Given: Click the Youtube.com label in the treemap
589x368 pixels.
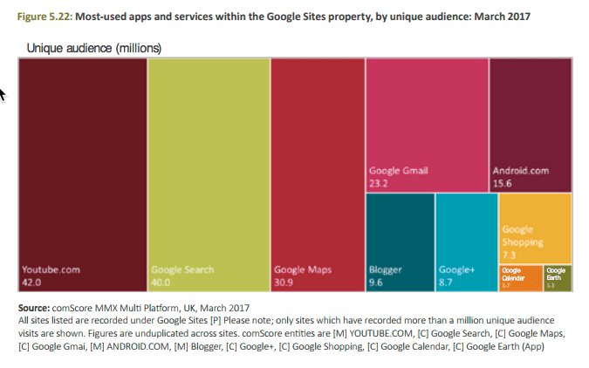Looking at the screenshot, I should tap(51, 270).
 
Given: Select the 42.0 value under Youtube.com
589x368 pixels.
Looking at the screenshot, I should tap(32, 283).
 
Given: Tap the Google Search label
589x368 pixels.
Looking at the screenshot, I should tap(182, 270).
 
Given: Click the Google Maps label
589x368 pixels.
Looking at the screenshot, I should tap(303, 270).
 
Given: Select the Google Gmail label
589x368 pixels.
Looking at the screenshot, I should tap(399, 171).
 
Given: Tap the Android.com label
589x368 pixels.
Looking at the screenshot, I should tap(521, 171).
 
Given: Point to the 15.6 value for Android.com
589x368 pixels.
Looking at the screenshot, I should tap(503, 183).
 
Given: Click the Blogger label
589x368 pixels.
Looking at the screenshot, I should tap(386, 270).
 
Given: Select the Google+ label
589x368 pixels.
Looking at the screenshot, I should tap(456, 270).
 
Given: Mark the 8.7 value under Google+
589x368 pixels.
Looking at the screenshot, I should tap(448, 283).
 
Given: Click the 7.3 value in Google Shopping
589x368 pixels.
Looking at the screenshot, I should tap(510, 254).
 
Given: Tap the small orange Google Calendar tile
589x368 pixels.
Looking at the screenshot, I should tap(520, 277).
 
